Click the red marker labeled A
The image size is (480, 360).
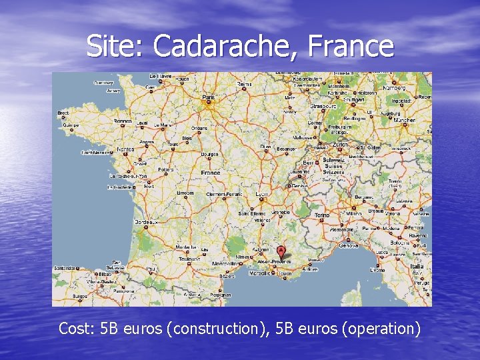281,251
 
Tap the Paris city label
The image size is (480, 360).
209,97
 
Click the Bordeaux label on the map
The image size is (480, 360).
146,221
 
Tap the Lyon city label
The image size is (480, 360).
263,193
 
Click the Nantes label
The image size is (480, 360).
125,149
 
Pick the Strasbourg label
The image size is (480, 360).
323,105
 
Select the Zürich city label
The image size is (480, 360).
341,144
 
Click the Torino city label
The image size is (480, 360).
321,215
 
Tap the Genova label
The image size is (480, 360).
348,245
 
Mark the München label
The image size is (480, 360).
404,121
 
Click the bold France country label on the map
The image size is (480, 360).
210,173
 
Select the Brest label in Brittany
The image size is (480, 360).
63,113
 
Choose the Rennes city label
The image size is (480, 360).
123,121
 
